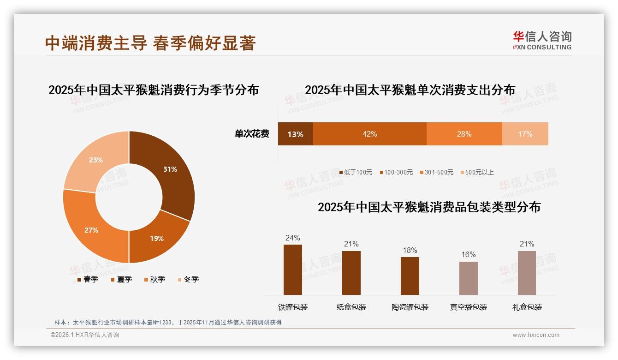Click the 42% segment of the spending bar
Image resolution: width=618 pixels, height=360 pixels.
[x=369, y=134]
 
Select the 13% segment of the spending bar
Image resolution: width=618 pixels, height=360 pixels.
[x=295, y=134]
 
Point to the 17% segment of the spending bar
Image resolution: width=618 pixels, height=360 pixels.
[x=525, y=134]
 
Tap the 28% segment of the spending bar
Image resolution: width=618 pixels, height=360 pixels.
[x=464, y=134]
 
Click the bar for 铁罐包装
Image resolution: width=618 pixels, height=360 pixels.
[x=292, y=270]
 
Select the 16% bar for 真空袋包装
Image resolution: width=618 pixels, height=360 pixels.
[x=468, y=278]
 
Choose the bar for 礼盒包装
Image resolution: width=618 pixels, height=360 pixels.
[x=527, y=273]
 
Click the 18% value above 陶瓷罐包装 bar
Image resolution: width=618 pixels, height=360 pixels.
[x=410, y=250]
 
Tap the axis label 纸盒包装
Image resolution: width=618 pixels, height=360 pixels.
[x=351, y=307]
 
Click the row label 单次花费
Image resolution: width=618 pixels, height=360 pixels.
[x=252, y=134]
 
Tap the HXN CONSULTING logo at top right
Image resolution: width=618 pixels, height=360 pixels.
[x=542, y=40]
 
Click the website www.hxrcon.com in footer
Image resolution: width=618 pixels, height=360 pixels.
[x=536, y=335]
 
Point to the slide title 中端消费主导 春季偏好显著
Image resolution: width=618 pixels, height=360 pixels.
[x=150, y=43]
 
